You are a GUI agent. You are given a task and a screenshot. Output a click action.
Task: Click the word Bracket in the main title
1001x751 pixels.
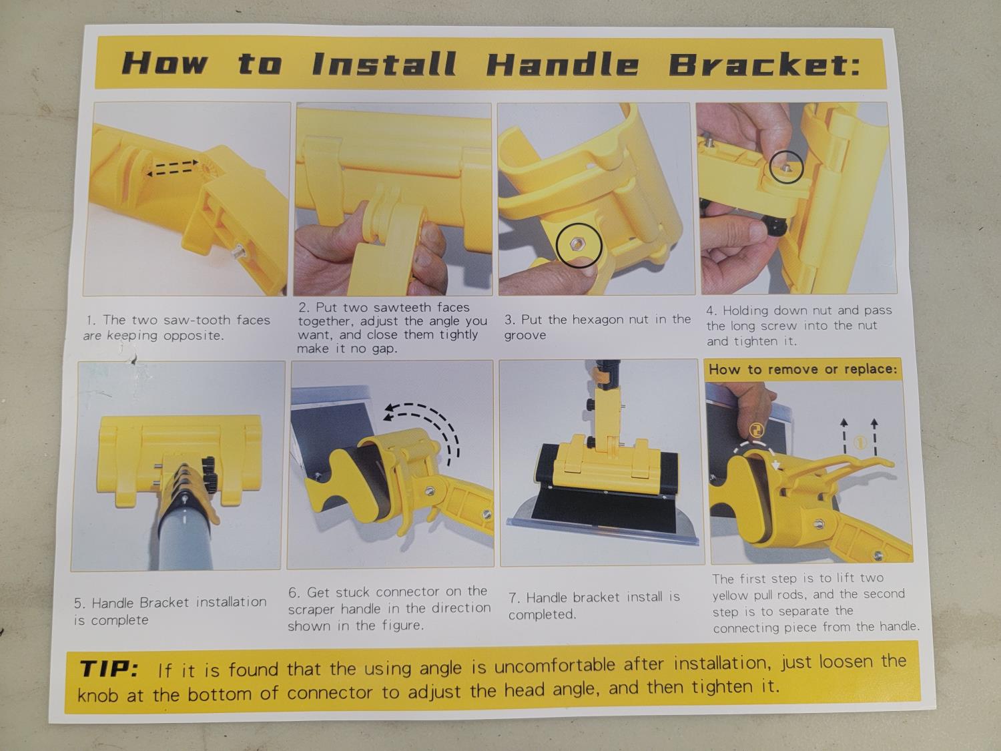[764, 64]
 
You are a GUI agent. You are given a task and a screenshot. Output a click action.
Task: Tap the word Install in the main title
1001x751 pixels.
[384, 63]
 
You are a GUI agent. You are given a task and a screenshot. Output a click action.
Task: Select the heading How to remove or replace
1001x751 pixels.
[803, 369]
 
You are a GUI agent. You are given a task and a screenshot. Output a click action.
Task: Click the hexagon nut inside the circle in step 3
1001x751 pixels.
[578, 245]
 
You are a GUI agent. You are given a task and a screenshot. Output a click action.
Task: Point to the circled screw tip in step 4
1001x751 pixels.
[785, 168]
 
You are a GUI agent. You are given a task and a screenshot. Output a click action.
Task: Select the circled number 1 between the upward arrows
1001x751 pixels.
[859, 443]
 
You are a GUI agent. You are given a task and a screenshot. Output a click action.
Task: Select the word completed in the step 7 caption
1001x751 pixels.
[543, 615]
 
